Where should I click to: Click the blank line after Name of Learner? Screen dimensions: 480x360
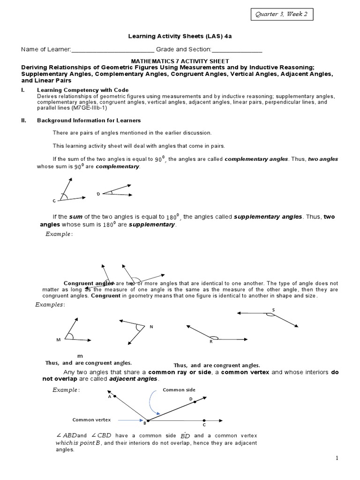[112, 50]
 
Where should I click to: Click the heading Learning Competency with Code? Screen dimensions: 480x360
[82, 90]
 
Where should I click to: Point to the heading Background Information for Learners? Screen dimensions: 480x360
[89, 120]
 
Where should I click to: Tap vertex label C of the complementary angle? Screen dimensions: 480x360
[54, 201]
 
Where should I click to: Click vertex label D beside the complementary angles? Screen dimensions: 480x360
[98, 194]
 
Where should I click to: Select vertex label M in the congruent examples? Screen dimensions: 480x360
[59, 339]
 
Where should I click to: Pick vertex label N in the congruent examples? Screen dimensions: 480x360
[151, 326]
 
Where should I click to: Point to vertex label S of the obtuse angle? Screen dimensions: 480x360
[273, 310]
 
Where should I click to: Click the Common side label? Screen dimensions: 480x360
[179, 390]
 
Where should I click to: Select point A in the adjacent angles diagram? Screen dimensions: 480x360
[110, 396]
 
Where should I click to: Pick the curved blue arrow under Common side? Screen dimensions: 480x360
[153, 403]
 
